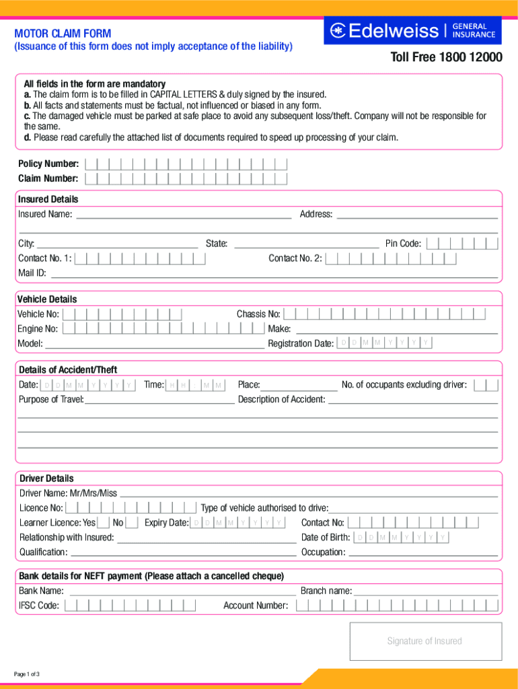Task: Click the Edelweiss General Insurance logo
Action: pyautogui.click(x=412, y=30)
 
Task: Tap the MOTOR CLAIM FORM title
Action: pyautogui.click(x=63, y=34)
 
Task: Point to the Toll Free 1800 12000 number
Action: pyautogui.click(x=446, y=58)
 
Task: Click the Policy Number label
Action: pyautogui.click(x=48, y=164)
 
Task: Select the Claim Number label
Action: pyautogui.click(x=48, y=178)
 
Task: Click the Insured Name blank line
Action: pyautogui.click(x=183, y=215)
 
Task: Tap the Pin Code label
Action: pyautogui.click(x=403, y=244)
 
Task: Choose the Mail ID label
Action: pyautogui.click(x=32, y=273)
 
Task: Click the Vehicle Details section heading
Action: pyautogui.click(x=47, y=299)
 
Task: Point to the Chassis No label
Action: pyautogui.click(x=258, y=314)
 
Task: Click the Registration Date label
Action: pyautogui.click(x=300, y=344)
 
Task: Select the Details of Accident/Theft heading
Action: pyautogui.click(x=67, y=369)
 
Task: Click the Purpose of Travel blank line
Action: pyautogui.click(x=159, y=400)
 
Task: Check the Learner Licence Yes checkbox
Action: pyautogui.click(x=104, y=523)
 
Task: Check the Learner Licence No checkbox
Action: pyautogui.click(x=132, y=523)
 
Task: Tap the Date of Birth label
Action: pyautogui.click(x=326, y=538)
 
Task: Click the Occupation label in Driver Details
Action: pyautogui.click(x=323, y=552)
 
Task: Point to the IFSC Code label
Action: pyautogui.click(x=39, y=606)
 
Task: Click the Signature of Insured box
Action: pyautogui.click(x=425, y=641)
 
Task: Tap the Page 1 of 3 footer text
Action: pyautogui.click(x=27, y=674)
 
